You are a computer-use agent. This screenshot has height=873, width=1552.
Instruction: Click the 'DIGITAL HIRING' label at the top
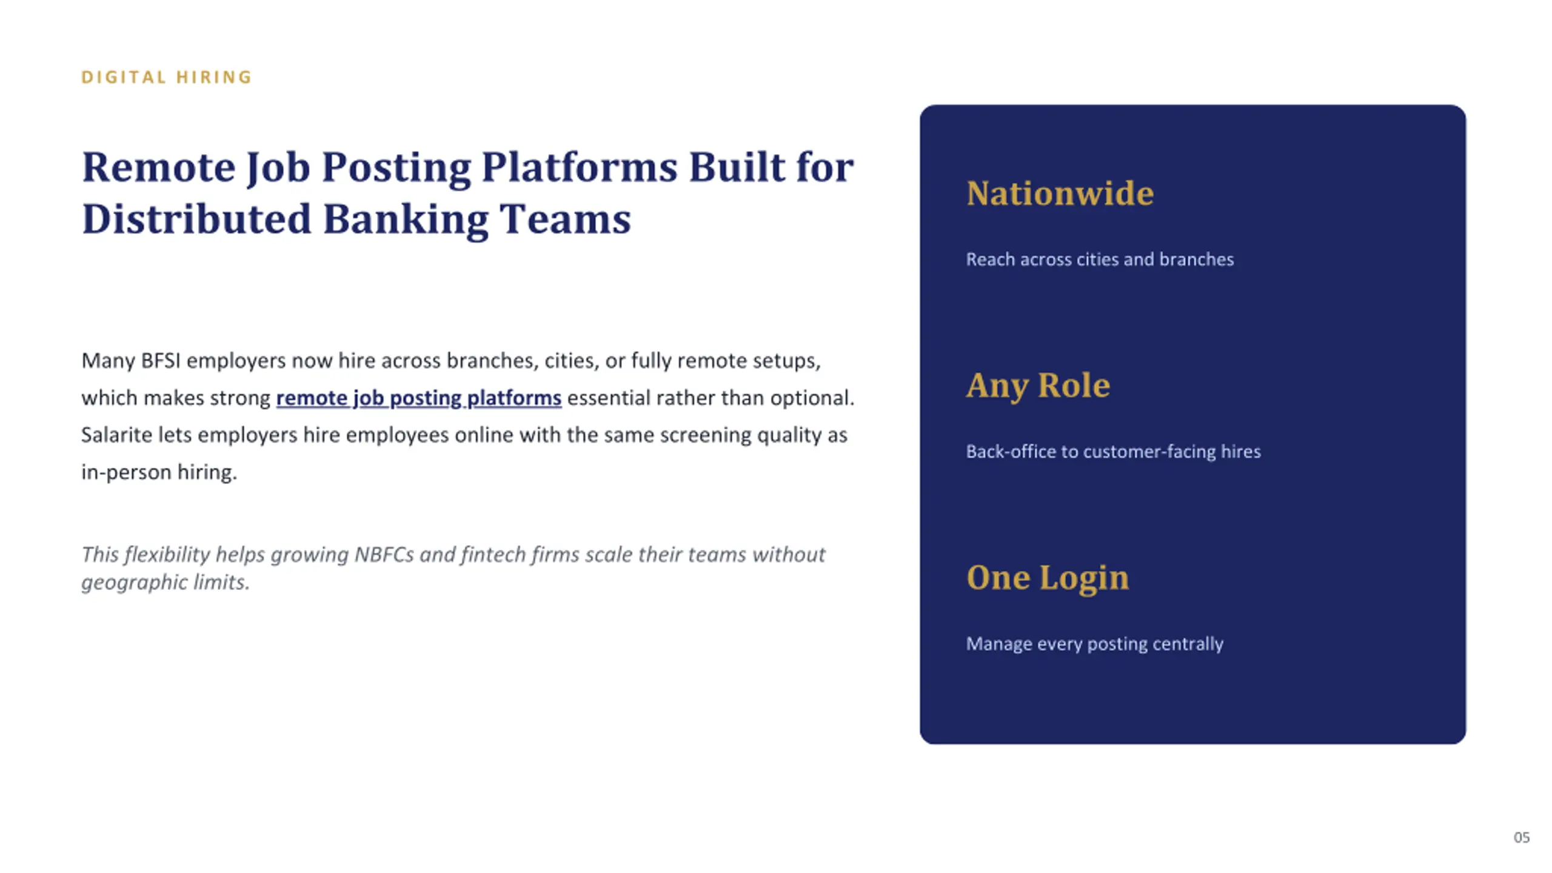click(x=167, y=77)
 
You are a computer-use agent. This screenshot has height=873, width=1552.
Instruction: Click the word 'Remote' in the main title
click(x=159, y=167)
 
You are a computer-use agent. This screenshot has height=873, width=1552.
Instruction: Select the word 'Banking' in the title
click(x=406, y=219)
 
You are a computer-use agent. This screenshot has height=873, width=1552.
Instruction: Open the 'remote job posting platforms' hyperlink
click(x=419, y=398)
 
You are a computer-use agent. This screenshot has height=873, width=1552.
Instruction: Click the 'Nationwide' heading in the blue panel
click(x=1060, y=193)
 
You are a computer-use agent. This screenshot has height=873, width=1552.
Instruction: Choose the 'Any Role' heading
click(x=1038, y=386)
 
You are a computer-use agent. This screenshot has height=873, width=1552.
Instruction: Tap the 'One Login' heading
click(x=1048, y=578)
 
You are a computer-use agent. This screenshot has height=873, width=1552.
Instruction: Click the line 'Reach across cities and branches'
click(x=1100, y=259)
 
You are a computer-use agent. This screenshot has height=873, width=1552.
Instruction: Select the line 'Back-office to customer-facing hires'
click(x=1113, y=452)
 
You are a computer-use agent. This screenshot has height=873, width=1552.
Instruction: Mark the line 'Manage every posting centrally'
click(x=1094, y=644)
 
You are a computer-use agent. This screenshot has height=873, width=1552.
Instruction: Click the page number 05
click(x=1522, y=837)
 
